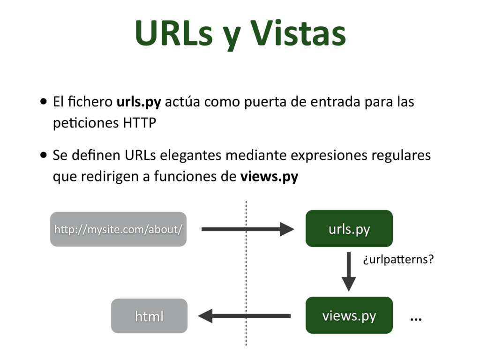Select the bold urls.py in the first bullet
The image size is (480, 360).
tap(139, 102)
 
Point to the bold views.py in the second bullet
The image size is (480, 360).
tap(269, 177)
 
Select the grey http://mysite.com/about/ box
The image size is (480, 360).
tap(118, 229)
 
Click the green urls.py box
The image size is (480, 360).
tap(349, 229)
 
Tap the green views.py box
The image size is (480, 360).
tap(349, 315)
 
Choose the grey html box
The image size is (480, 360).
tap(149, 316)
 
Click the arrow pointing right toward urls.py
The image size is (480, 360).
tap(247, 229)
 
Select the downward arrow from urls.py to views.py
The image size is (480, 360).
tap(348, 271)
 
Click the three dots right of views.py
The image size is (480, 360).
tap(416, 319)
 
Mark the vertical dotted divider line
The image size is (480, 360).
tap(246, 272)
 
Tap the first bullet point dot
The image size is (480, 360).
tap(44, 102)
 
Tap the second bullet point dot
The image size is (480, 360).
tap(44, 156)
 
